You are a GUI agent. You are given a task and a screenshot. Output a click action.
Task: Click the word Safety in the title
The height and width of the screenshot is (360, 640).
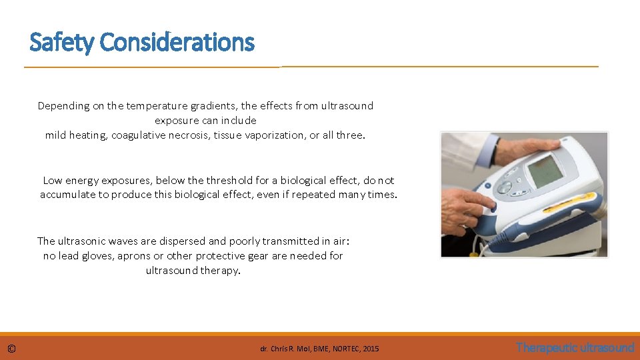[63, 43]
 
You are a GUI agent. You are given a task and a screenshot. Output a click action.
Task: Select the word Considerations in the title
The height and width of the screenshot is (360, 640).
[177, 43]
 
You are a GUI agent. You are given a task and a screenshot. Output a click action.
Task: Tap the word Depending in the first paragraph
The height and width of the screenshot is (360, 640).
[63, 106]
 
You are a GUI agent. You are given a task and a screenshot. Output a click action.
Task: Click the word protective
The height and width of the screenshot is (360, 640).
[216, 256]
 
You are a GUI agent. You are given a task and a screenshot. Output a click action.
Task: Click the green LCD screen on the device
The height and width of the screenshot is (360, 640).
[545, 171]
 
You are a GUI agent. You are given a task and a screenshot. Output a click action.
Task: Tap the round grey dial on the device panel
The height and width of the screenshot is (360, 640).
[505, 187]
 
